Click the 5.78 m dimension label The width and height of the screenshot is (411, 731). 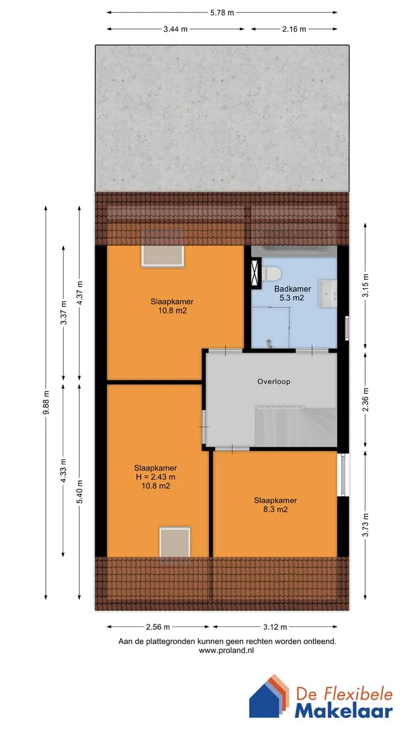(x=222, y=13)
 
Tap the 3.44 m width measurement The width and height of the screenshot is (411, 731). (x=175, y=29)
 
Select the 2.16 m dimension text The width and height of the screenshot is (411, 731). (x=294, y=29)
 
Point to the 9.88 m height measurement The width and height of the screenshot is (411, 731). (x=46, y=403)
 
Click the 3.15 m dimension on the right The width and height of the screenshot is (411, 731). (x=366, y=285)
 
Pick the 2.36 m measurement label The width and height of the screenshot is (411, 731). (x=366, y=399)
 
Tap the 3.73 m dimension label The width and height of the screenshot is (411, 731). (x=366, y=525)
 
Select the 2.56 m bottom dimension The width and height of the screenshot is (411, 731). (x=158, y=627)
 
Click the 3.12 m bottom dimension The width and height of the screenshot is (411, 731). (x=275, y=627)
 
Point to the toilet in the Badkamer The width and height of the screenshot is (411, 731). (x=272, y=273)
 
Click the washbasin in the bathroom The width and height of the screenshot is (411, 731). (x=328, y=294)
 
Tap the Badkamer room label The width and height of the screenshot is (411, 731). (x=292, y=289)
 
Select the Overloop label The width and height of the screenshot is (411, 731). (x=273, y=381)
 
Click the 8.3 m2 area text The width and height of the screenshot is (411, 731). (x=276, y=509)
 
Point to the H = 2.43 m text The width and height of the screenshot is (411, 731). (x=156, y=477)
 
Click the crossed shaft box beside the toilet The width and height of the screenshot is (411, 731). (x=256, y=274)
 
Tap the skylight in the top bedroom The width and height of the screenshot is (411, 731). (x=163, y=248)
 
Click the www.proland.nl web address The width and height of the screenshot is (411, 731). (x=227, y=650)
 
